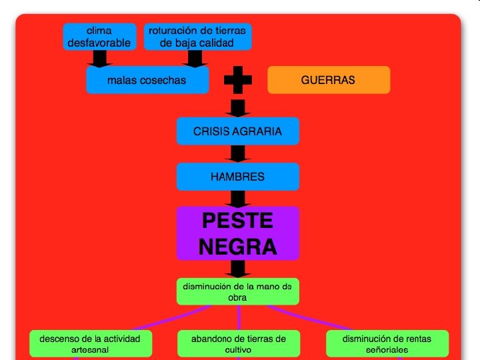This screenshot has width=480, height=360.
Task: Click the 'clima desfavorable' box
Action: tap(99, 37)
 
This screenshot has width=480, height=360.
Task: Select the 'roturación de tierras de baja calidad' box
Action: tap(197, 37)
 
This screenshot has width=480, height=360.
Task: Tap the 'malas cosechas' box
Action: tap(147, 80)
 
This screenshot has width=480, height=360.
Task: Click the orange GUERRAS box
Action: tap(328, 80)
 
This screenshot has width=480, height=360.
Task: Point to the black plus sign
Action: tap(238, 81)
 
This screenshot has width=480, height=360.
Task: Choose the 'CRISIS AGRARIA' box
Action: tap(237, 131)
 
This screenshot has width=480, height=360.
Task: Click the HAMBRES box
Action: tap(237, 177)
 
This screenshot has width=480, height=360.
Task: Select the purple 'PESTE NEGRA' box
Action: tap(237, 233)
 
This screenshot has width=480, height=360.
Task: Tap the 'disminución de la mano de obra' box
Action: tap(237, 291)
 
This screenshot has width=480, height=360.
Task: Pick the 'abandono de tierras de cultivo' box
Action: tap(238, 343)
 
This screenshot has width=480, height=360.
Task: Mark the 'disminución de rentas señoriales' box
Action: tap(387, 343)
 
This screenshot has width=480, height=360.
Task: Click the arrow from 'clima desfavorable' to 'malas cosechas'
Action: tap(99, 59)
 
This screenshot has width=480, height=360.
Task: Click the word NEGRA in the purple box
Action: tap(237, 247)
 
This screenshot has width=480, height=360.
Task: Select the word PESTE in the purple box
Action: tap(237, 220)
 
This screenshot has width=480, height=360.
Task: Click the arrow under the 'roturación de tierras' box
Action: tap(194, 59)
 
